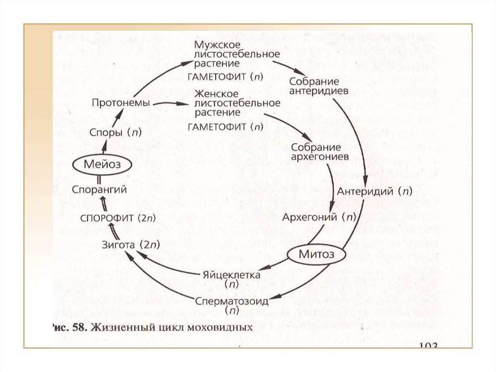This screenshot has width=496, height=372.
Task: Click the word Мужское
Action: pyautogui.click(x=212, y=45)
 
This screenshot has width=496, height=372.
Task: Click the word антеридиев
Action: pyautogui.click(x=315, y=89)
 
